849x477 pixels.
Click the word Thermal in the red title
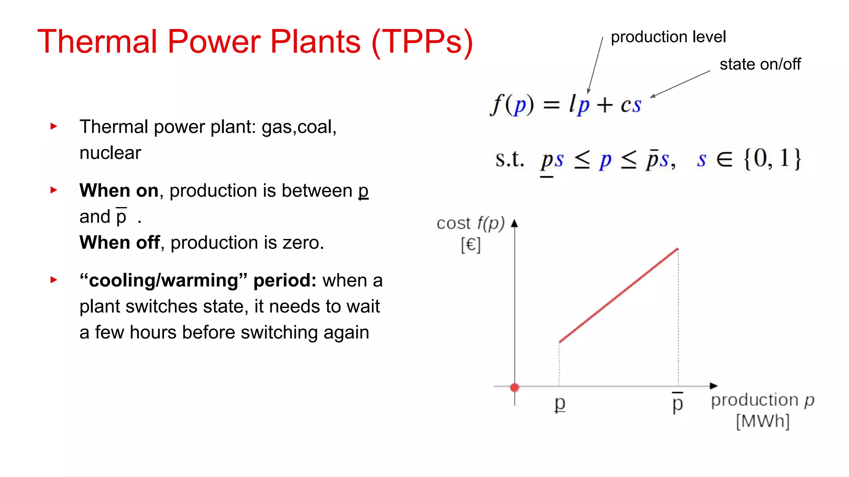tap(97, 41)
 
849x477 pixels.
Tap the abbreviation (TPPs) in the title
tap(422, 42)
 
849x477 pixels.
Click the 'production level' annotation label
tap(668, 37)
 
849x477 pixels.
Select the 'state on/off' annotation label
tap(760, 65)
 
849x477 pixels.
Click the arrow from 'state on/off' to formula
tap(680, 84)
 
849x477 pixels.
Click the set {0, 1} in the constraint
tap(772, 159)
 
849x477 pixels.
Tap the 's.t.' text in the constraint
tap(509, 159)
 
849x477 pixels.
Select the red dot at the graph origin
tap(515, 388)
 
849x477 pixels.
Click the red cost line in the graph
tap(619, 296)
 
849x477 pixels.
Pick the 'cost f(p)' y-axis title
tap(470, 224)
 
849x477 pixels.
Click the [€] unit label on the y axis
tap(471, 245)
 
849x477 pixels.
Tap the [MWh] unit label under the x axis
tap(762, 422)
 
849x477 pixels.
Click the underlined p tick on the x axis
tap(560, 403)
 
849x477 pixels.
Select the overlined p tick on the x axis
tap(677, 403)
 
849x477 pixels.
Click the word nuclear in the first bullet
tap(110, 153)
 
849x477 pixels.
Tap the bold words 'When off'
tap(119, 243)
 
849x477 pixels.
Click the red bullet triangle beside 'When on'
tap(53, 190)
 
